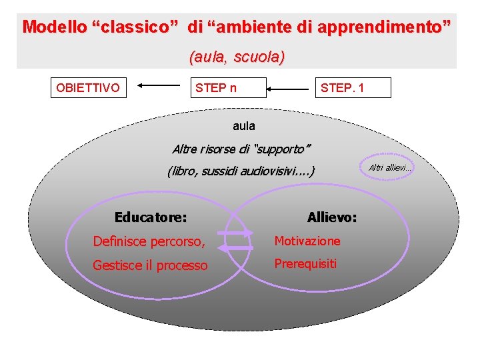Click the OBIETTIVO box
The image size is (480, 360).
click(x=89, y=87)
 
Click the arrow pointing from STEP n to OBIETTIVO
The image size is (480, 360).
click(x=159, y=85)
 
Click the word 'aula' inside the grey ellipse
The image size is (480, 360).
click(x=244, y=125)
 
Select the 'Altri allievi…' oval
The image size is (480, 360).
click(x=390, y=167)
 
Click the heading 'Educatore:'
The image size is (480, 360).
click(x=150, y=217)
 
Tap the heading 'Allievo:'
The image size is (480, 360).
click(x=332, y=217)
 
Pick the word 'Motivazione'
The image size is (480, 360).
click(x=307, y=241)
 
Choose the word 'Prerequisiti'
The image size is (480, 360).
click(x=305, y=263)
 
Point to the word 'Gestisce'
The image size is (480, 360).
click(x=117, y=265)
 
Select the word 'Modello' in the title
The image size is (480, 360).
click(x=53, y=27)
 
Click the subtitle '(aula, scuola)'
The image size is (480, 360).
click(x=237, y=57)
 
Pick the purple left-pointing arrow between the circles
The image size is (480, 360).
click(x=236, y=247)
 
